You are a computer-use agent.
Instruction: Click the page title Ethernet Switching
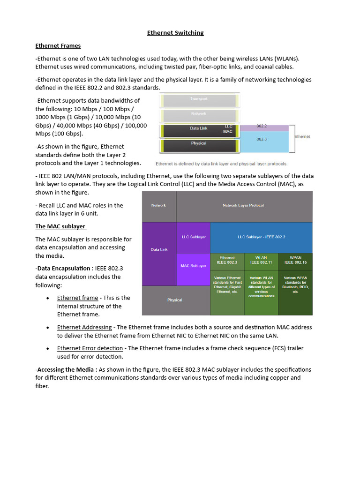[175, 33]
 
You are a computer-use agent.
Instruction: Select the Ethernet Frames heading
[58, 45]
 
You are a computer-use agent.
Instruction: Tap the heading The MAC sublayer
[60, 226]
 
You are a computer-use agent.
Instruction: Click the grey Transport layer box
[198, 99]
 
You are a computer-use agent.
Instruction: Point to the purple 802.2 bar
[264, 127]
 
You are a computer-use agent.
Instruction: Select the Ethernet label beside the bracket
[302, 136]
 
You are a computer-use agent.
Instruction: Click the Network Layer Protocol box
[243, 206]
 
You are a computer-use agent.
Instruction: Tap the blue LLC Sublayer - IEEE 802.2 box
[261, 237]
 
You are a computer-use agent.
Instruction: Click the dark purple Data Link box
[159, 249]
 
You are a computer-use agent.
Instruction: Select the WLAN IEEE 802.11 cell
[261, 260]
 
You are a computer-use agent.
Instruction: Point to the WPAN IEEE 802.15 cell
[295, 260]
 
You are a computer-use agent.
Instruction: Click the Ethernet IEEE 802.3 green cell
[227, 260]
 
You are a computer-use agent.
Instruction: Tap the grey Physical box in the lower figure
[174, 300]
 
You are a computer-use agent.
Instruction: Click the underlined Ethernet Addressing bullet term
[84, 327]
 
